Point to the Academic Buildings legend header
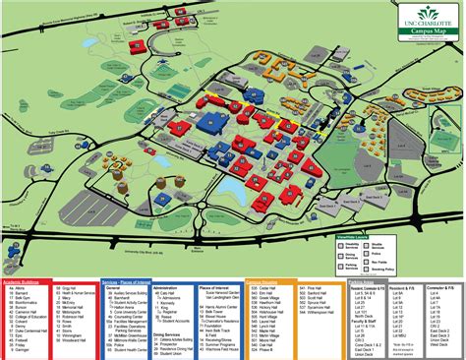(29, 280)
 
